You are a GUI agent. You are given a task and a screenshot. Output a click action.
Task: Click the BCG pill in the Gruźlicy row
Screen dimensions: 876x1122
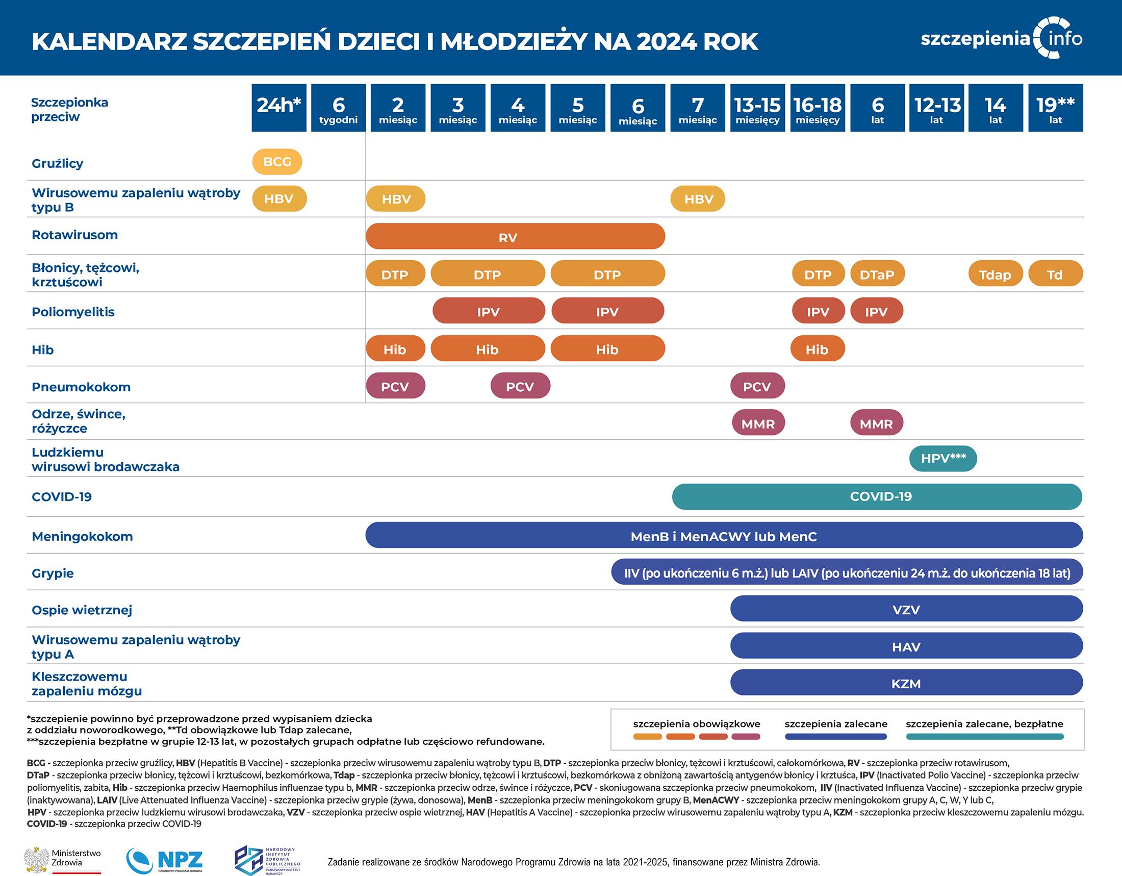tap(277, 162)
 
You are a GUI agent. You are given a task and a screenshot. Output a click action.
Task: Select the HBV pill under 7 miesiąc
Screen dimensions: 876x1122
tap(698, 199)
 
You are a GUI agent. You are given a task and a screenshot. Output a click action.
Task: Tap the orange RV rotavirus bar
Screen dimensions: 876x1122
tap(515, 237)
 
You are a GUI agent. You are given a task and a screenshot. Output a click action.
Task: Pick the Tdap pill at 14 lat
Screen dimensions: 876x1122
tap(994, 274)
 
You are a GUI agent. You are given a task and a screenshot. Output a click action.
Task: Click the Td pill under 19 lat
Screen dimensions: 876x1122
tap(1055, 274)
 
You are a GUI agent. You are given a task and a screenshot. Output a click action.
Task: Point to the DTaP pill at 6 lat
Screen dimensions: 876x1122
tap(877, 274)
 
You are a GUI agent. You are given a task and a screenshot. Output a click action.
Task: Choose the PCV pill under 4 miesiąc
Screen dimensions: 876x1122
tap(520, 386)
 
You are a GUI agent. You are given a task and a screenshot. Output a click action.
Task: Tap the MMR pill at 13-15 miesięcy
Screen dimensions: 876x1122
tap(758, 423)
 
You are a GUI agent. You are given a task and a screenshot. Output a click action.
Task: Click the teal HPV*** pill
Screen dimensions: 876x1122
tap(942, 458)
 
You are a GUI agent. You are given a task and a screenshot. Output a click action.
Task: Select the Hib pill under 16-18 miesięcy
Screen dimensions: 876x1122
tap(817, 349)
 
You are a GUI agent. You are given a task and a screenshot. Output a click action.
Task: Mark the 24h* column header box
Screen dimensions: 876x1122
tap(278, 108)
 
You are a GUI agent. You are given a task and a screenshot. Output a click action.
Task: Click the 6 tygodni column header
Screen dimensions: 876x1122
tap(338, 108)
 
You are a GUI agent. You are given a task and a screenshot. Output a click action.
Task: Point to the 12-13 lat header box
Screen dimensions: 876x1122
tap(937, 108)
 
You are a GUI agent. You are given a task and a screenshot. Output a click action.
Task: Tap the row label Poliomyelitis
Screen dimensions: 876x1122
tap(73, 312)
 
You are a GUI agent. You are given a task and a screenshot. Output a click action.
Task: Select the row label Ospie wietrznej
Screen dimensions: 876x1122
tap(82, 610)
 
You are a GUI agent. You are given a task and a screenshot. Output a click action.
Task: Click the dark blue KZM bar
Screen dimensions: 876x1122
tap(906, 683)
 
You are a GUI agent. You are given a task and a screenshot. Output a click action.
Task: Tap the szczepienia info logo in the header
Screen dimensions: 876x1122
tap(1002, 39)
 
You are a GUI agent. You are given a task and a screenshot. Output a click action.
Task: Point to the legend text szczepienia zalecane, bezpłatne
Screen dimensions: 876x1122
tap(984, 724)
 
